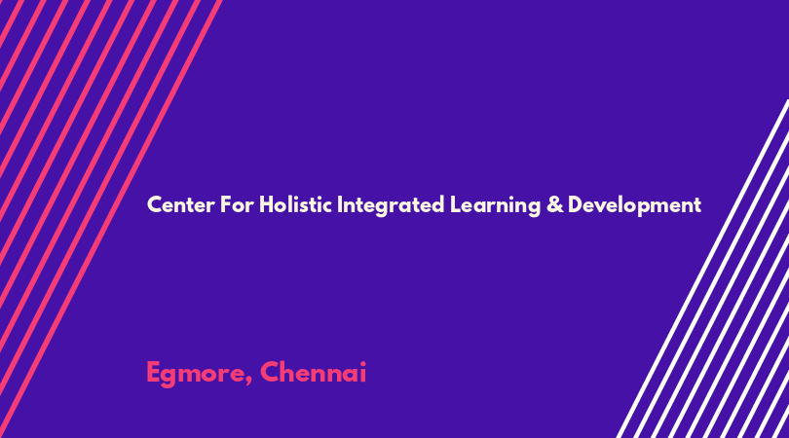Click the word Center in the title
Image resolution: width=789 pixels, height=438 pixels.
[x=180, y=205]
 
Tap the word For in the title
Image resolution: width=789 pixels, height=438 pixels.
[x=237, y=205]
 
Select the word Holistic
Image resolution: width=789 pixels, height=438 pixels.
[x=295, y=204]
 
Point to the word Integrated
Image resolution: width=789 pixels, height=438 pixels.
[x=391, y=206]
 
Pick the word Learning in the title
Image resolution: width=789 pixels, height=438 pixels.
[x=495, y=206]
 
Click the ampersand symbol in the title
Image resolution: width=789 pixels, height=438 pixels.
[x=554, y=205]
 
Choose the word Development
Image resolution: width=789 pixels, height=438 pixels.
[x=634, y=206]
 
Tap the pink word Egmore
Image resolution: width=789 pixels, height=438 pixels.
[x=196, y=374]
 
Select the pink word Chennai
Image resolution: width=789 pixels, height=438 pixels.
[x=313, y=372]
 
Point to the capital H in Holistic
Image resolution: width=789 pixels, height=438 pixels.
[x=267, y=205]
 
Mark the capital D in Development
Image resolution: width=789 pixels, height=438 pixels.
[x=576, y=205]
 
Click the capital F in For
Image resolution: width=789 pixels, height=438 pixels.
[x=226, y=205]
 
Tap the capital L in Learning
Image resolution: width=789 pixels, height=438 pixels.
[x=455, y=205]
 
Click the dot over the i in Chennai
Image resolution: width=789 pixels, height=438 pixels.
[x=362, y=364]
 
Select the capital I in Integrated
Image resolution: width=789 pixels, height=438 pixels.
[x=340, y=205]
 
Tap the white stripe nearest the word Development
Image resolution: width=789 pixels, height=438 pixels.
[x=702, y=269]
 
